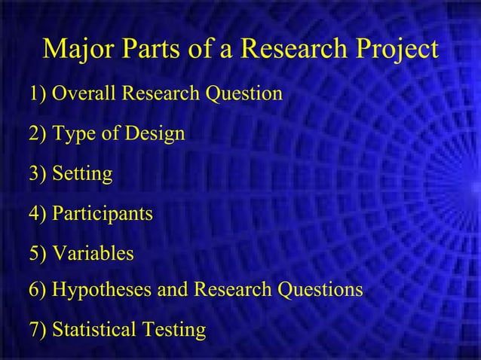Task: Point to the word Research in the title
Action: point(290,49)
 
